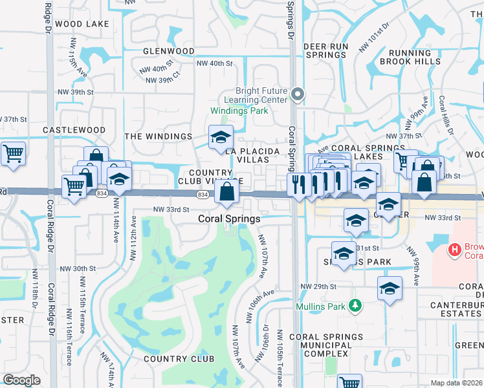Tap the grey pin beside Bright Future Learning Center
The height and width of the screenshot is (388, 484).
click(298, 95)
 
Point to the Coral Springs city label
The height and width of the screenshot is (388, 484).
click(229, 219)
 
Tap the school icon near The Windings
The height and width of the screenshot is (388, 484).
click(220, 137)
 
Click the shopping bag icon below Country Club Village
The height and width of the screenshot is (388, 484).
click(227, 191)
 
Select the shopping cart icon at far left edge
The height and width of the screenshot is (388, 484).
click(12, 155)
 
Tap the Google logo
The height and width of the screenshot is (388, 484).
click(21, 380)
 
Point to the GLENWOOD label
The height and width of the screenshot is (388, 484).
click(168, 50)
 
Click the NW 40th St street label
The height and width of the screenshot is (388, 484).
click(214, 63)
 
